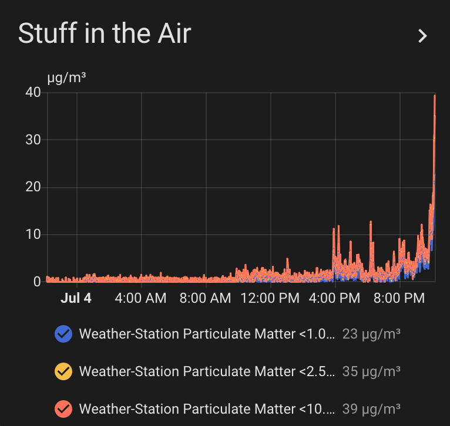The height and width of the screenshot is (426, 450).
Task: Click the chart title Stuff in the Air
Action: (105, 33)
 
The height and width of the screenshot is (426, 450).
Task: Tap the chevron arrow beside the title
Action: (422, 36)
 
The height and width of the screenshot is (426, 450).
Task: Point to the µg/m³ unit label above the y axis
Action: (66, 77)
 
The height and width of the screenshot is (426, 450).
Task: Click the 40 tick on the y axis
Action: (33, 92)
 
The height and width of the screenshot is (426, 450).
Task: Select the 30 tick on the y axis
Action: (33, 140)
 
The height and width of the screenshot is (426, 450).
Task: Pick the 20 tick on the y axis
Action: (33, 187)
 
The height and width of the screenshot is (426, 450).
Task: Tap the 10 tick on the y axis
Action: (33, 235)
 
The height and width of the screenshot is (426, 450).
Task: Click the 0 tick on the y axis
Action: (37, 282)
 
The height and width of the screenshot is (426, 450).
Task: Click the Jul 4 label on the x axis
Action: (76, 298)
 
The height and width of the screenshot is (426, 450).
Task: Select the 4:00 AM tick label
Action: (140, 298)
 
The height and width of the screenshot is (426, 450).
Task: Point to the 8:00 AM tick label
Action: (205, 298)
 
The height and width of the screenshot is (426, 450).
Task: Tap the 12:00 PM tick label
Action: (270, 298)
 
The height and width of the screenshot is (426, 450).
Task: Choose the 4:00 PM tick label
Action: (334, 298)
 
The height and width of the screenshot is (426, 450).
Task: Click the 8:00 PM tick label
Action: (399, 298)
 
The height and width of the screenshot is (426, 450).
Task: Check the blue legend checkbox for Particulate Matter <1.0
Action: (63, 334)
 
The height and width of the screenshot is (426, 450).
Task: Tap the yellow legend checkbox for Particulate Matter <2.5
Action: (63, 371)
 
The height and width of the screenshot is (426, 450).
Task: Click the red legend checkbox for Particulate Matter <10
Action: (63, 409)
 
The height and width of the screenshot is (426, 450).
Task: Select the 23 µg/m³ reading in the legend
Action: (371, 334)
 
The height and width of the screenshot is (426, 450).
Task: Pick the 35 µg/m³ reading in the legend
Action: (371, 371)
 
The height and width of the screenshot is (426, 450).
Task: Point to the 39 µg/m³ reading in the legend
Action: (371, 409)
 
